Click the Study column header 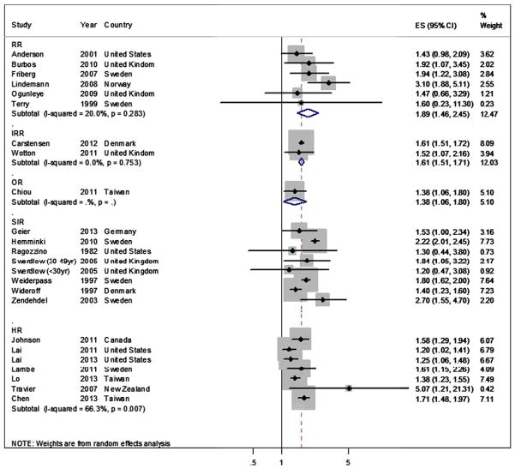point(21,25)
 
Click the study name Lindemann point(31,83)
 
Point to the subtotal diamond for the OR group point(294,201)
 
